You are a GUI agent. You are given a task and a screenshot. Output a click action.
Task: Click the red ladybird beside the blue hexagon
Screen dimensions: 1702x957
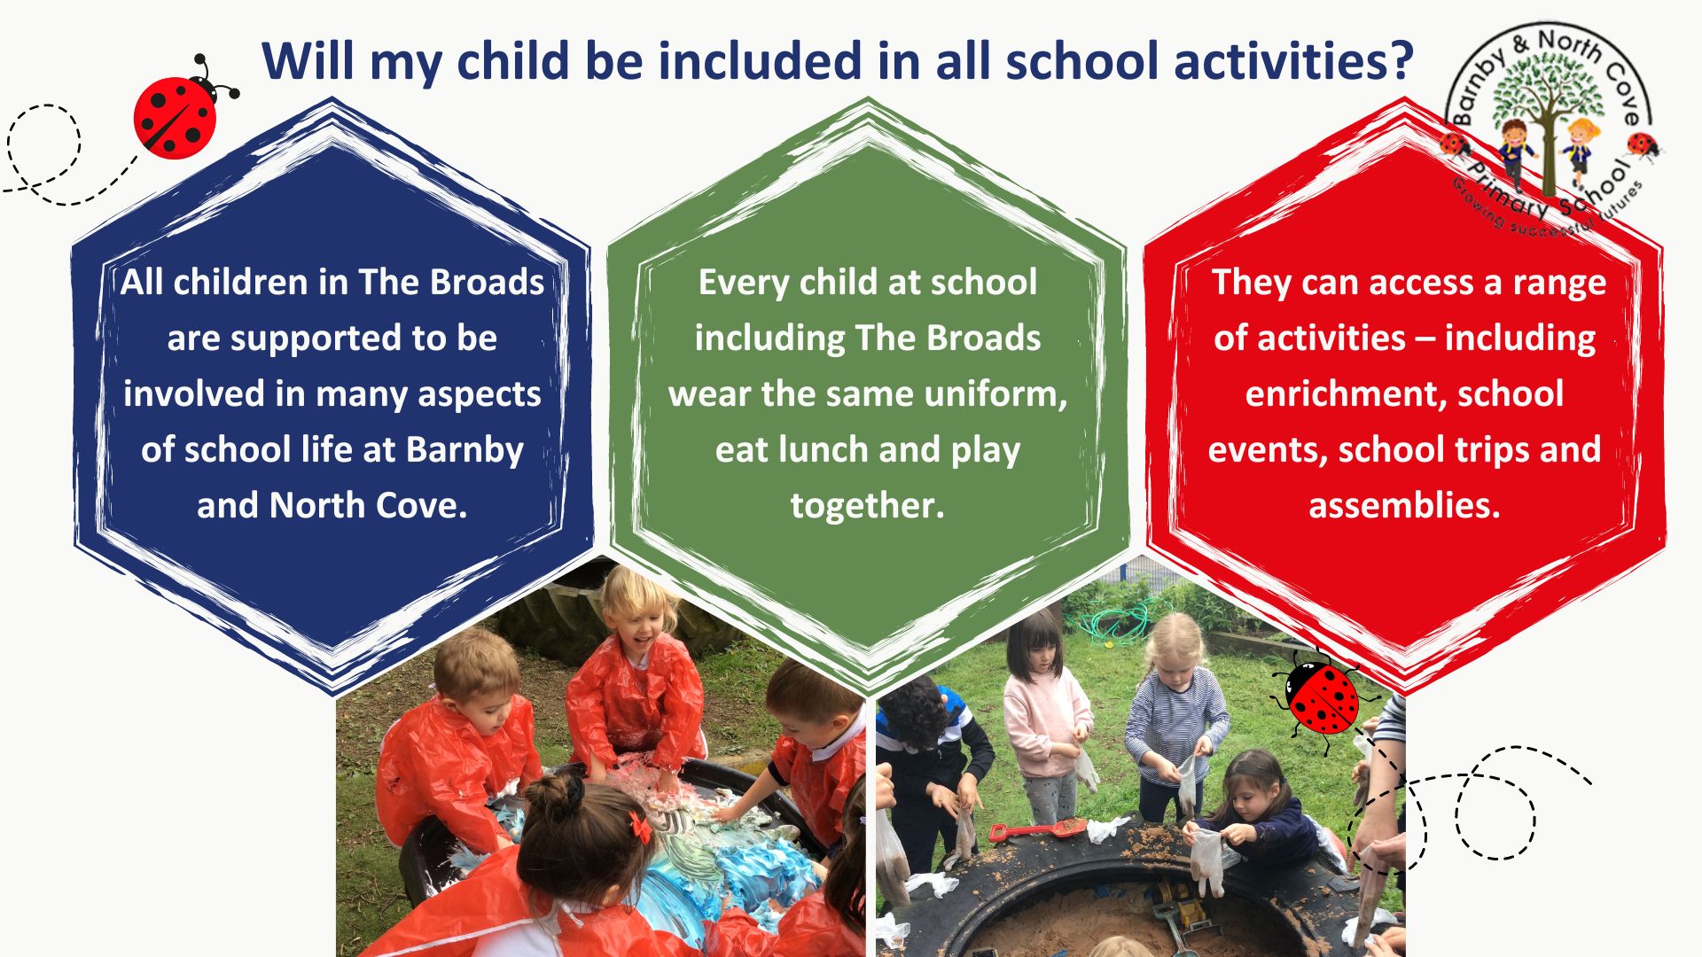(x=182, y=110)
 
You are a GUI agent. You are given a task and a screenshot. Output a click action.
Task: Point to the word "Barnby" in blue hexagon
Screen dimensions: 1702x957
(x=465, y=450)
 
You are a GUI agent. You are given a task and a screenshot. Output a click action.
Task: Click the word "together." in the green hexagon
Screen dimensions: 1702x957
(x=867, y=506)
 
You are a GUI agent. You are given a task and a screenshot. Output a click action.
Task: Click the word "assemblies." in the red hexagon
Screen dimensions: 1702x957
(x=1404, y=505)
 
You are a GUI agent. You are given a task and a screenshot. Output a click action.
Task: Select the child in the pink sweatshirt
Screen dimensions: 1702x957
(x=1046, y=718)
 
